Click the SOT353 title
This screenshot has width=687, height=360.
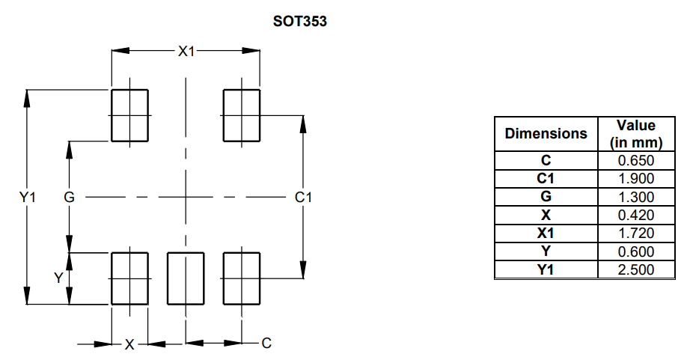pyautogui.click(x=300, y=22)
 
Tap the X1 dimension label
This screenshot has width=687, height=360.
pyautogui.click(x=186, y=51)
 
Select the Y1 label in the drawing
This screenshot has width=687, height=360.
pyautogui.click(x=28, y=198)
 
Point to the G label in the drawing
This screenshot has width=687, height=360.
pyautogui.click(x=69, y=198)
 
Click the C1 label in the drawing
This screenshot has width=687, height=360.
pyautogui.click(x=302, y=198)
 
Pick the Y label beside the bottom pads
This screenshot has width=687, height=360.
pyautogui.click(x=58, y=278)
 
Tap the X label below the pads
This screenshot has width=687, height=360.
pyautogui.click(x=129, y=344)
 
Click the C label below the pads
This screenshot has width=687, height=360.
pyautogui.click(x=266, y=344)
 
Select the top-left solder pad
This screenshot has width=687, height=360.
pyautogui.click(x=129, y=115)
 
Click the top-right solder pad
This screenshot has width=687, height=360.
pyautogui.click(x=242, y=115)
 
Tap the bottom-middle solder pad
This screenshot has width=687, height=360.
pyautogui.click(x=186, y=278)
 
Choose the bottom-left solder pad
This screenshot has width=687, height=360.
pyautogui.click(x=129, y=278)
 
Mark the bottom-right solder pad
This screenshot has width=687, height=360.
pyautogui.click(x=242, y=278)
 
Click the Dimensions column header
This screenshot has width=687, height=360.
pyautogui.click(x=546, y=134)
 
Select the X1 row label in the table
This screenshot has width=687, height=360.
pyautogui.click(x=546, y=234)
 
